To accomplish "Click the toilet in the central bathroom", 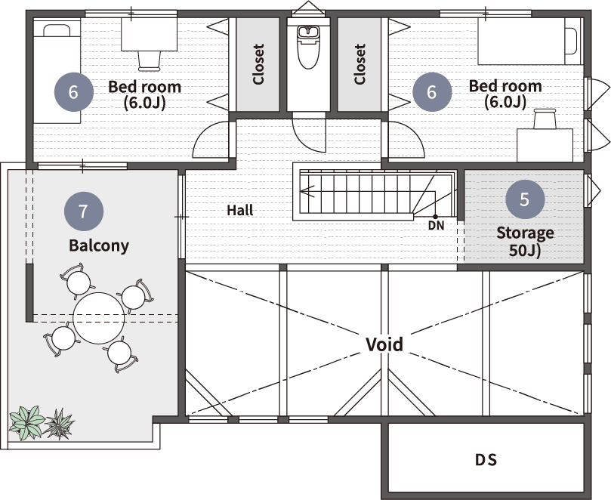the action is [x=308, y=47].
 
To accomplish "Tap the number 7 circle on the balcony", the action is [x=83, y=211].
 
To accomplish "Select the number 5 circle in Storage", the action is [x=524, y=199].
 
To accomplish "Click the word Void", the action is [x=384, y=344].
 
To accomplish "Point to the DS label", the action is [x=486, y=460].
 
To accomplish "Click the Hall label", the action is [x=240, y=211].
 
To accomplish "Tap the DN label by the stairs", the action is [x=436, y=225].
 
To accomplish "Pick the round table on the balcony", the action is [x=99, y=318].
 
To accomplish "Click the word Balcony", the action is [x=99, y=246].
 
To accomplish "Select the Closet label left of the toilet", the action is [x=258, y=64].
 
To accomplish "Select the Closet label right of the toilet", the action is [x=360, y=64].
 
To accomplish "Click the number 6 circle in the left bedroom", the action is [x=74, y=92].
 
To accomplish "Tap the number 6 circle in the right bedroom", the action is [x=432, y=92].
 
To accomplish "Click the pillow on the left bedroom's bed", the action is [x=57, y=31].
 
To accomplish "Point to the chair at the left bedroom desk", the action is [x=150, y=61].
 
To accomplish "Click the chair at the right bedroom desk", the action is [x=545, y=119].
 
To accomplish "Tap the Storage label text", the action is [x=525, y=241].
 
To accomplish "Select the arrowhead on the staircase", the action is [x=307, y=191].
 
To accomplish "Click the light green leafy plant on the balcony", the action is [x=26, y=423].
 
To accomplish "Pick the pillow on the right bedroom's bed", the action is [x=571, y=41].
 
